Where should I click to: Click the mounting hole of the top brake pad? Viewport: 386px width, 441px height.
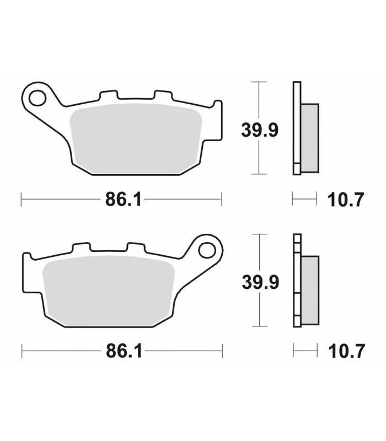[37, 98]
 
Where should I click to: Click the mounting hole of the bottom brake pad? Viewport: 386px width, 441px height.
[207, 250]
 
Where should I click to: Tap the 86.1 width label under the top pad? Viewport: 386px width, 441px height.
[123, 200]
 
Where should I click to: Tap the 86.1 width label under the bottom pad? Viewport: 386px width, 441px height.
[124, 351]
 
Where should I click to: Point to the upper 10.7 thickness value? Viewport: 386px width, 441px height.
[346, 200]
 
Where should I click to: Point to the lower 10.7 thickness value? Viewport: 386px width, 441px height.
[347, 351]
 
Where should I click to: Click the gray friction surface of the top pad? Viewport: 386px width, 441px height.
[136, 138]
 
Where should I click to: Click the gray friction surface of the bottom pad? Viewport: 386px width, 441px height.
[109, 291]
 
